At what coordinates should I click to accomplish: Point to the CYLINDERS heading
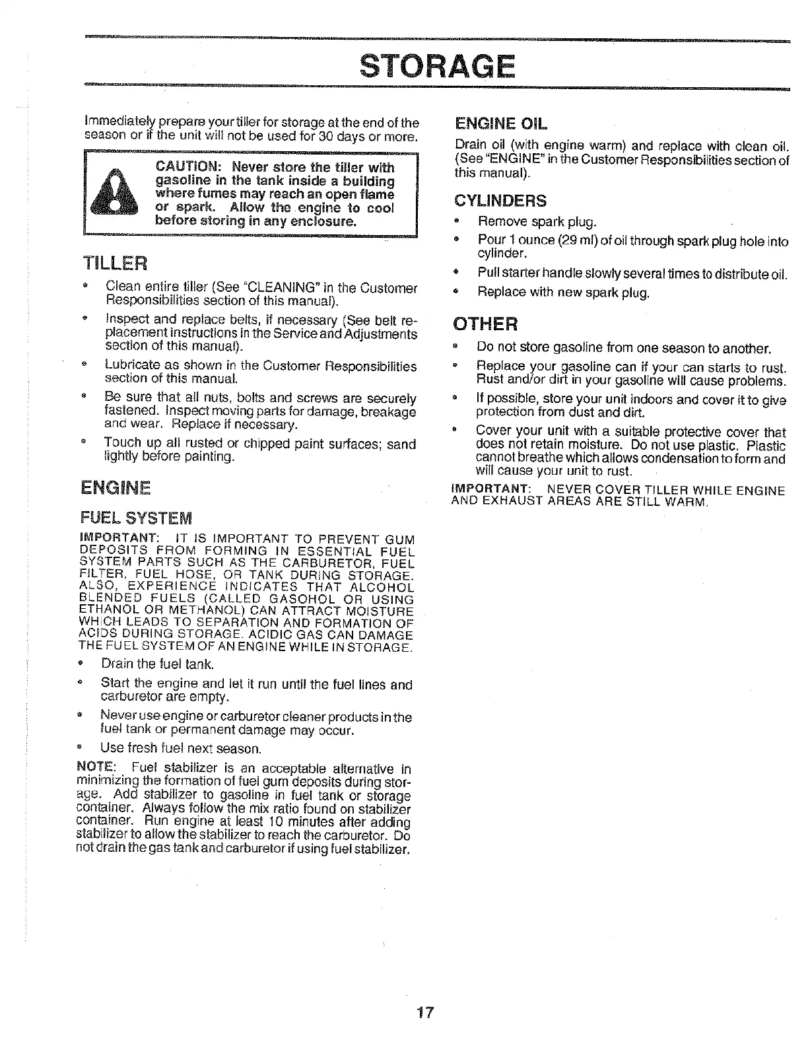(500, 201)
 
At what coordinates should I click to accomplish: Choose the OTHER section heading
(485, 324)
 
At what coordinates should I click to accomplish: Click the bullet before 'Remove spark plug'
(455, 221)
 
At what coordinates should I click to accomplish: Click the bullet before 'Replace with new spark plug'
(455, 291)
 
